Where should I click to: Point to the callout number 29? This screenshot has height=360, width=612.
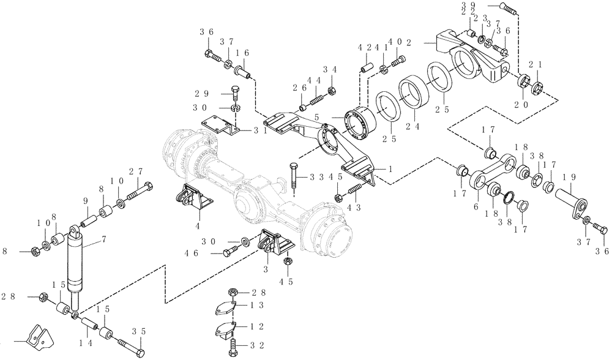coord(203,93)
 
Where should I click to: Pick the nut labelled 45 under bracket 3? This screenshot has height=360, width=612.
coord(288,263)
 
